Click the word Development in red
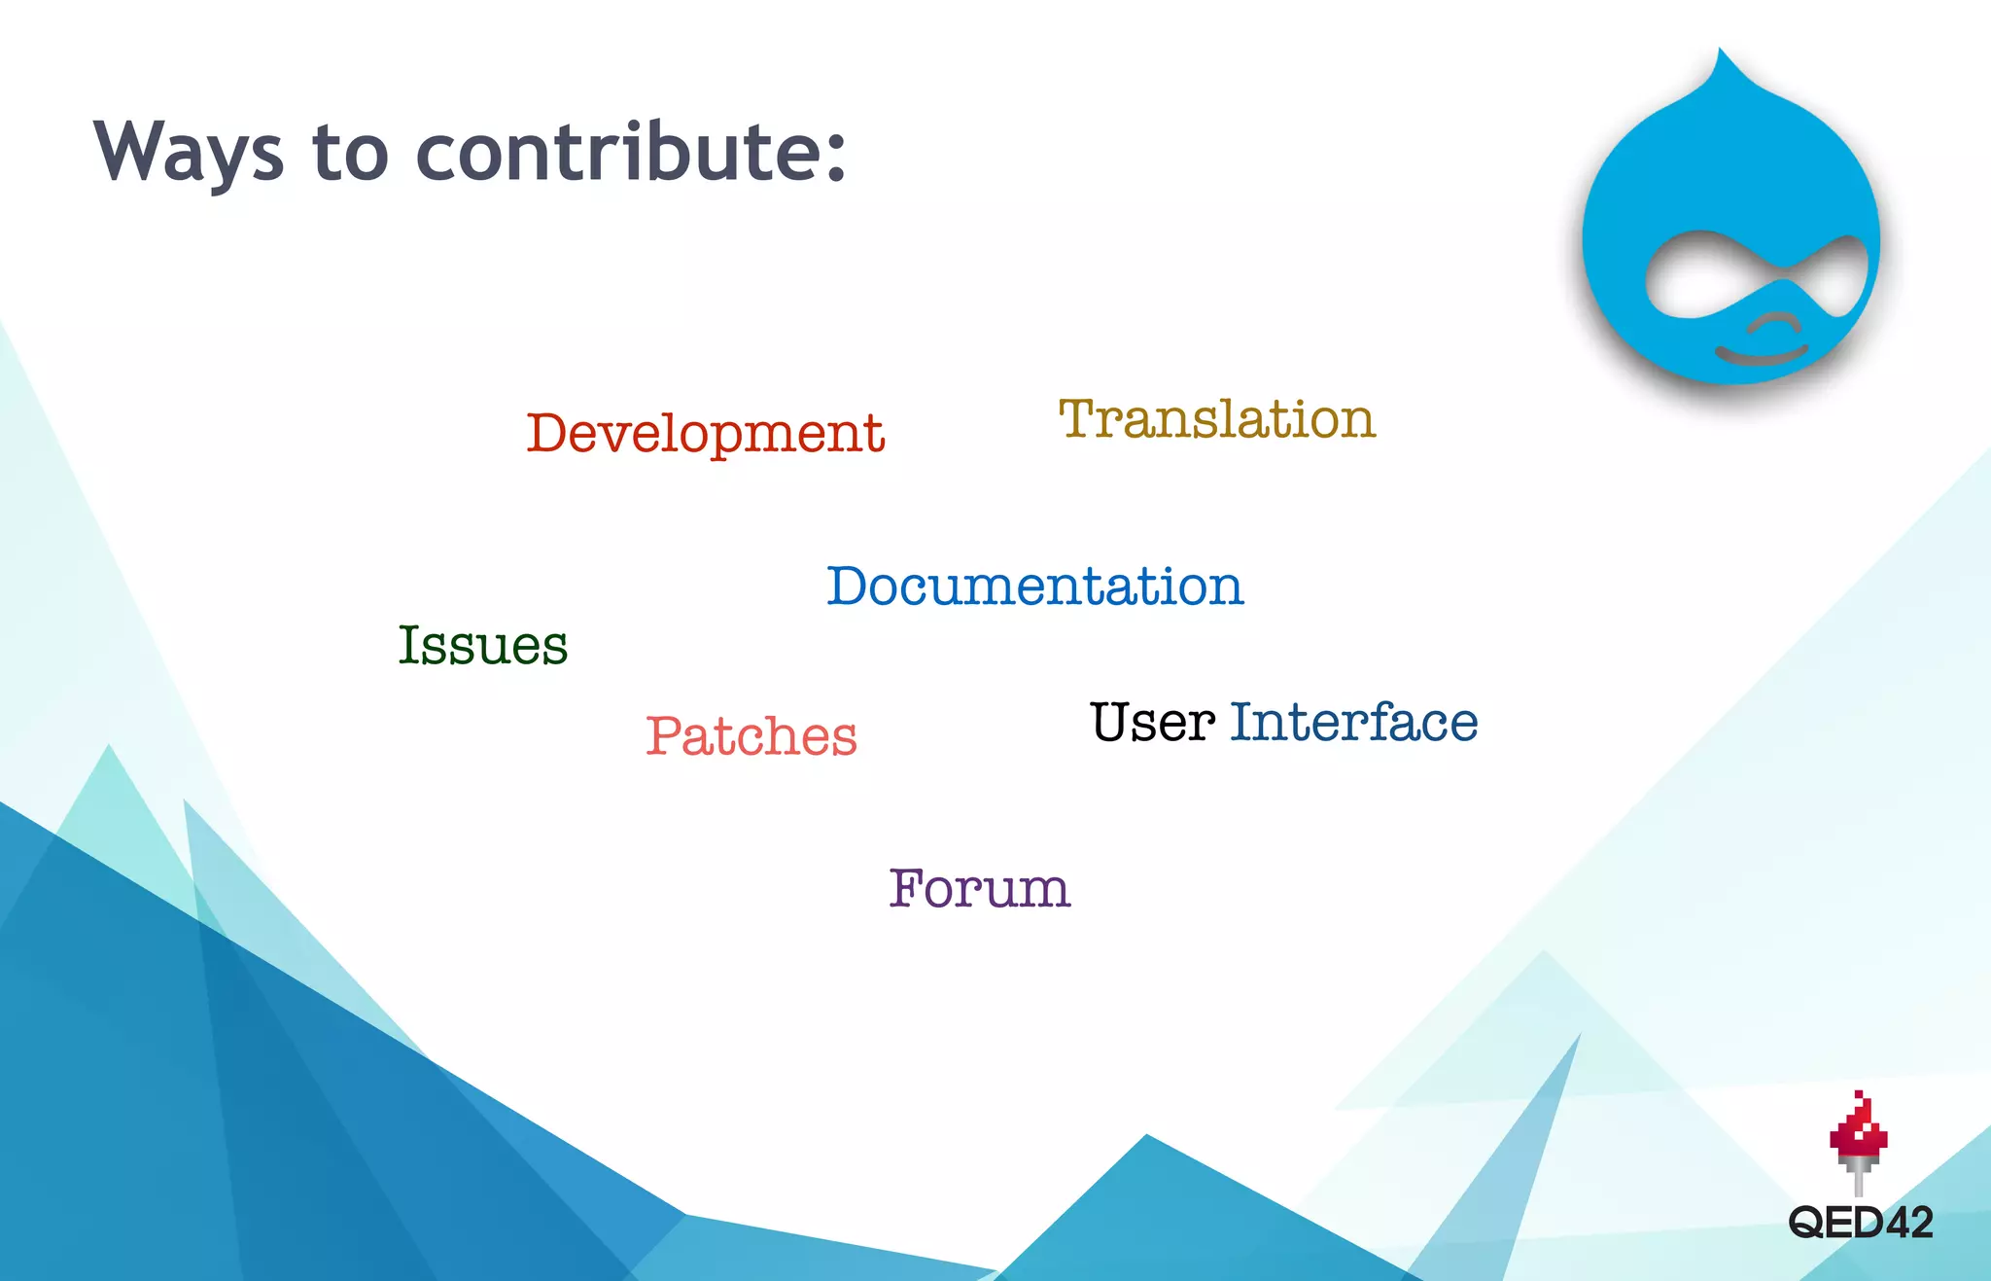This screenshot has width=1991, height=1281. (x=705, y=434)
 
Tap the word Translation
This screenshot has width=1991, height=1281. (x=1216, y=419)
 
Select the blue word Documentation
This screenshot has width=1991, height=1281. (x=1034, y=587)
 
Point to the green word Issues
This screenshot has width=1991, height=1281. (x=482, y=646)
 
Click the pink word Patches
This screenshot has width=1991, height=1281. (x=751, y=736)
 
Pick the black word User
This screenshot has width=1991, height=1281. (x=1152, y=723)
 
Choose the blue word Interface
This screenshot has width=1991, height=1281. (x=1353, y=723)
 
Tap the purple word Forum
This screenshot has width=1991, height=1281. (x=979, y=888)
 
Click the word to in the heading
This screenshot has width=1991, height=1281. (x=350, y=156)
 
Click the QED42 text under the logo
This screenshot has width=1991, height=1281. (x=1860, y=1223)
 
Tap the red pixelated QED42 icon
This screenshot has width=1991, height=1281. (x=1858, y=1134)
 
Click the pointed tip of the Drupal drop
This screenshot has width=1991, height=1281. (x=1722, y=56)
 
